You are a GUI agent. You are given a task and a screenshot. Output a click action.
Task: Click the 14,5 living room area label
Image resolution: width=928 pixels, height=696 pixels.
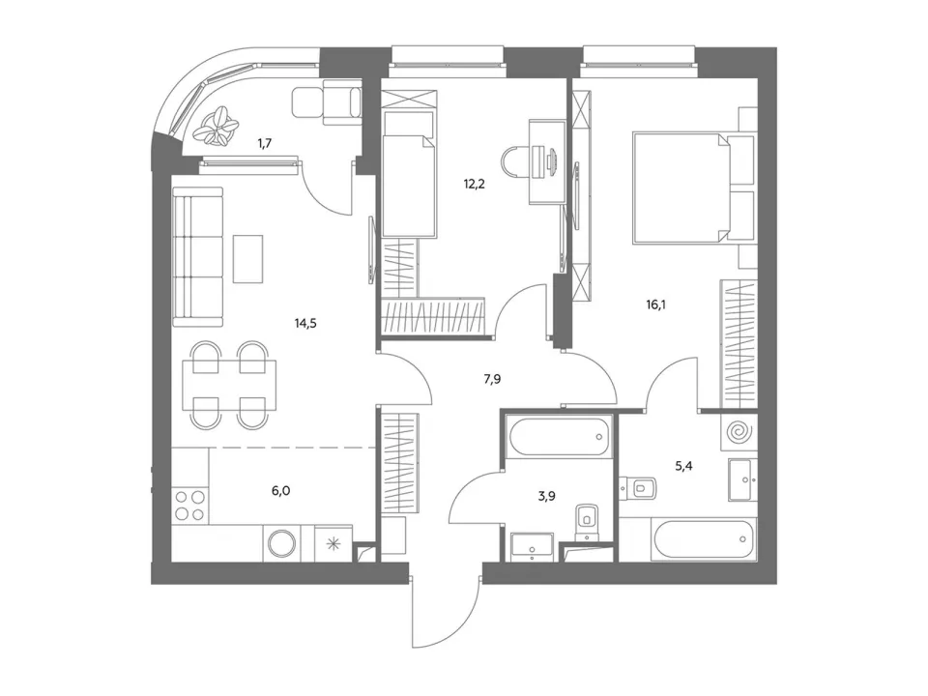tap(305, 323)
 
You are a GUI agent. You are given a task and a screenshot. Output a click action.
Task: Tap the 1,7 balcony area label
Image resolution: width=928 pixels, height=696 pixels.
tap(265, 143)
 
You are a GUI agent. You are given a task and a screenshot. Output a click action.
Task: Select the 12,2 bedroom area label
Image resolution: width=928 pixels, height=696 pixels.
tap(474, 184)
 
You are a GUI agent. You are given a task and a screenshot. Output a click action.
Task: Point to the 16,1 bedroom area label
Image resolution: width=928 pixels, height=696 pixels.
tap(655, 305)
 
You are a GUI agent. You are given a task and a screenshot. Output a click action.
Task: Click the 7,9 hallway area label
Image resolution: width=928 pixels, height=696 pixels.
tap(492, 379)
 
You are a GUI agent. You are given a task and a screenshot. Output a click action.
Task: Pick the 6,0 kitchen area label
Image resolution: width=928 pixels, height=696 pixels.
tap(280, 491)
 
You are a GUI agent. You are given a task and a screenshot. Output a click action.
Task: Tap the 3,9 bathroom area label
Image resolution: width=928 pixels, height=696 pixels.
tap(546, 496)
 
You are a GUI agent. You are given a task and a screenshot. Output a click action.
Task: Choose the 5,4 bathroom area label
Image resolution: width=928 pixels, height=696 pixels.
tap(683, 466)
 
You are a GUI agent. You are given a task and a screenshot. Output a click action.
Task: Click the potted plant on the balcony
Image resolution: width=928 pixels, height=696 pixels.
tap(219, 126)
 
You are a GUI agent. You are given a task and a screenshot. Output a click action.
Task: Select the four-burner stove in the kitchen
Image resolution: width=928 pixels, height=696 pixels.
tap(190, 506)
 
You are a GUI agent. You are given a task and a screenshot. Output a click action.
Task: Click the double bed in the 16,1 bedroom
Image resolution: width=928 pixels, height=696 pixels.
tap(685, 188)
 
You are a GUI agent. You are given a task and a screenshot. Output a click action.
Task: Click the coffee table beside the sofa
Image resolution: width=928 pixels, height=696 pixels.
tap(248, 259)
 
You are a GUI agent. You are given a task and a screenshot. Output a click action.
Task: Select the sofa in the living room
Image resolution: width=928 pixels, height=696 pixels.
tap(198, 256)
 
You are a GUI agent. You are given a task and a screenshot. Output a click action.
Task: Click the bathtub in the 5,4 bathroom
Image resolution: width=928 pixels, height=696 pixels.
tap(703, 539)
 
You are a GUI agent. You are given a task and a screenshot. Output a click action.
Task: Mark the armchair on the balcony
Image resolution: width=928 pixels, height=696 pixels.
tap(326, 103)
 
